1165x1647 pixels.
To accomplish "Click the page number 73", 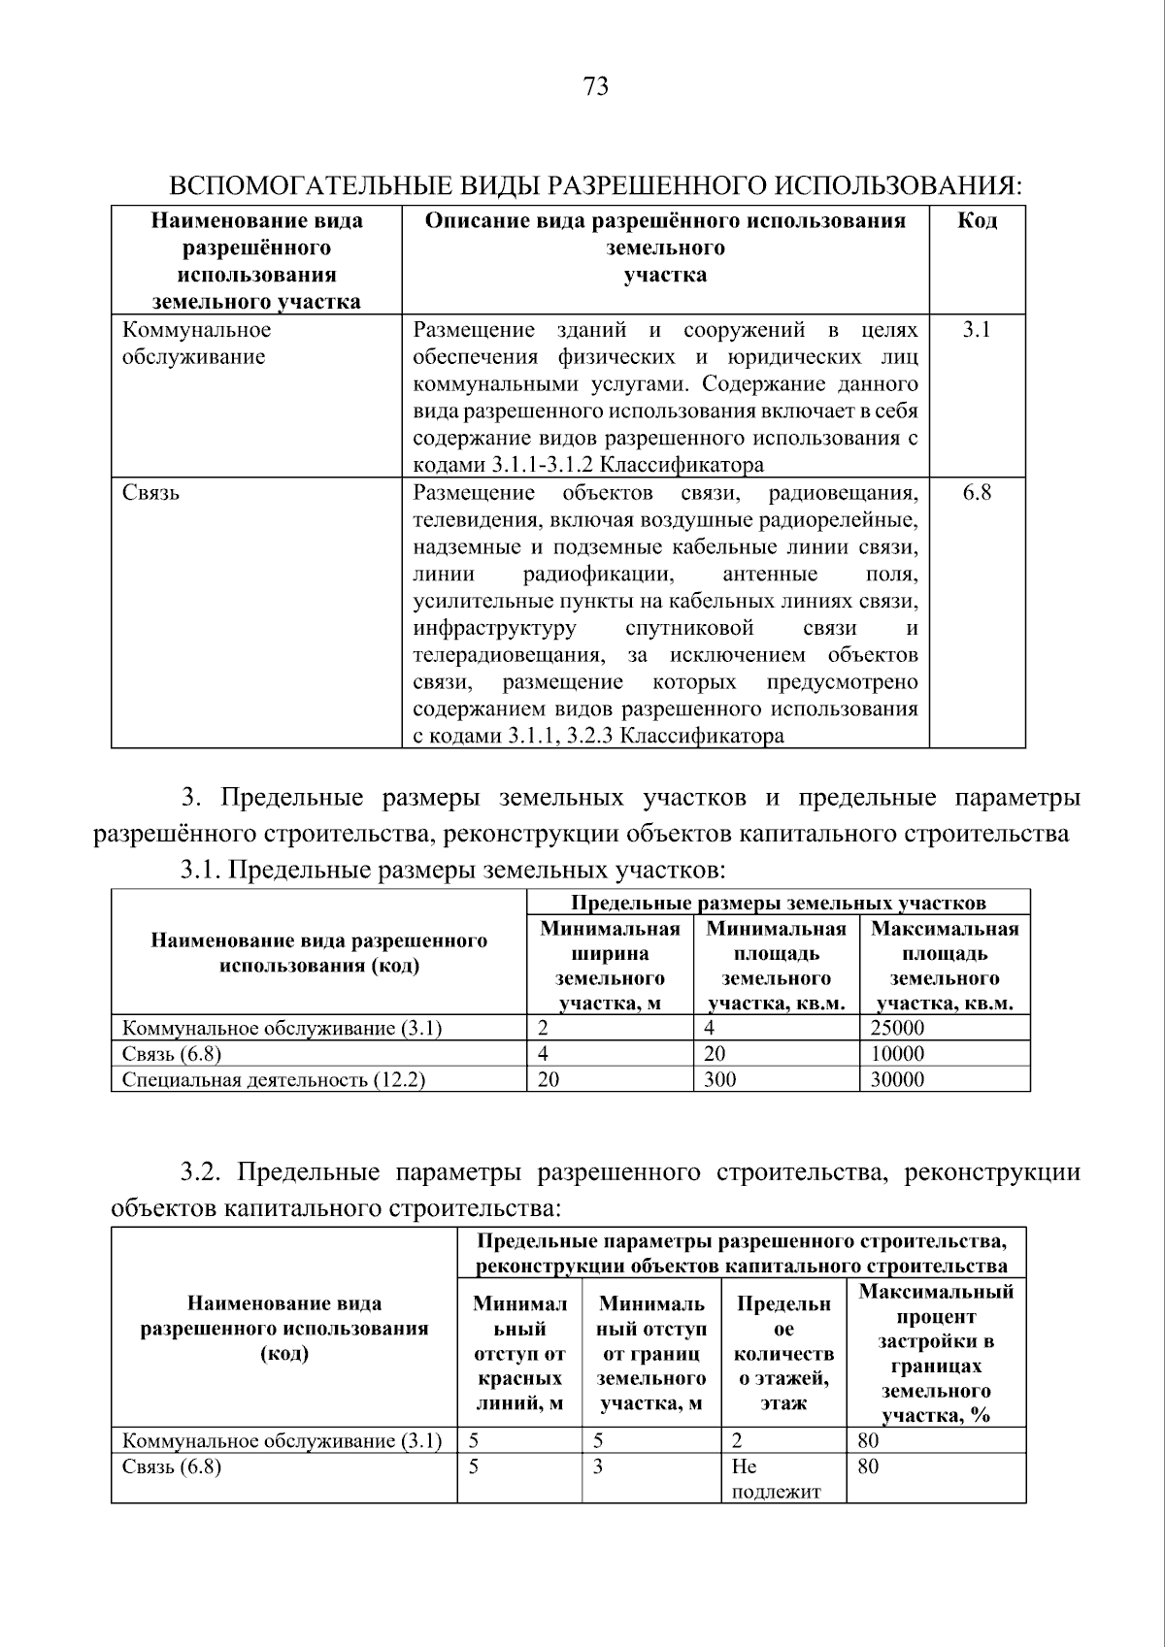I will click(x=596, y=87).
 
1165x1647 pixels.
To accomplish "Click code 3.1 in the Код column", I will click(x=976, y=330).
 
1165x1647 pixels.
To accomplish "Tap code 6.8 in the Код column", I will click(x=976, y=493).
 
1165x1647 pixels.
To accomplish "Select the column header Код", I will click(x=977, y=221).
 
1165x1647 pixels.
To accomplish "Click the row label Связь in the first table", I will click(x=150, y=493).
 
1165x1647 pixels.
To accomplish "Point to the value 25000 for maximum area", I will click(x=897, y=1028).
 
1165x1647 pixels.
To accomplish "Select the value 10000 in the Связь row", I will click(x=897, y=1054).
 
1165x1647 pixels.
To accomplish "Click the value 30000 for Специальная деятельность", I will click(x=897, y=1079).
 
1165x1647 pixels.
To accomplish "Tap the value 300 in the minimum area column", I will click(x=719, y=1079).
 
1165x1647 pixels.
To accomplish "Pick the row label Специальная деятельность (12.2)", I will click(x=274, y=1079).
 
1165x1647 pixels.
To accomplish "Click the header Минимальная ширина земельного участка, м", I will click(x=610, y=966).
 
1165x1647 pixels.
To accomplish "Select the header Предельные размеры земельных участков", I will click(x=778, y=904).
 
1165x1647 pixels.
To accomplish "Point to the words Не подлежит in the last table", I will click(x=776, y=1478).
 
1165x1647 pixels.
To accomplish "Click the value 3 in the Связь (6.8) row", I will click(x=598, y=1466).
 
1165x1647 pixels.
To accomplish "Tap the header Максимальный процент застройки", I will click(x=936, y=1353).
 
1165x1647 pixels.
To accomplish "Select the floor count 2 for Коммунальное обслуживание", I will click(x=737, y=1441).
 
